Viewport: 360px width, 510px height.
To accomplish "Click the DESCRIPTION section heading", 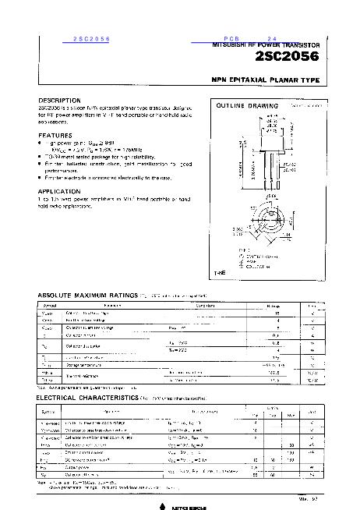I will (x=60, y=101).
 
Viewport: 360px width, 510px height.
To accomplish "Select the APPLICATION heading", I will (x=59, y=190).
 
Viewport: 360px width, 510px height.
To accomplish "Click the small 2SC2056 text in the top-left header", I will (x=91, y=38).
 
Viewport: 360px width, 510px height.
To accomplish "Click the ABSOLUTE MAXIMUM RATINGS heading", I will (x=87, y=295).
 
